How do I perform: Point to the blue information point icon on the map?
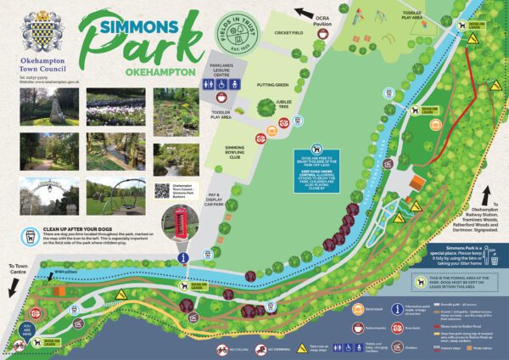(x=180, y=257)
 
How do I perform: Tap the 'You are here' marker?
(x=26, y=328)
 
